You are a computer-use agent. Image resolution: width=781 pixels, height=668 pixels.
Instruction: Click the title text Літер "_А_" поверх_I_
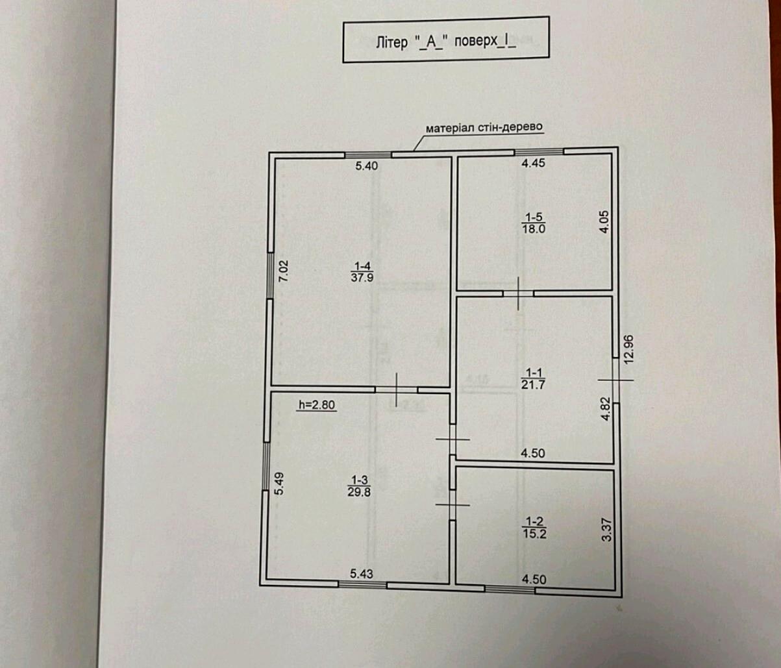pyautogui.click(x=446, y=42)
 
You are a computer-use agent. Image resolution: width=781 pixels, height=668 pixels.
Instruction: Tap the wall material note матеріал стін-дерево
pyautogui.click(x=484, y=127)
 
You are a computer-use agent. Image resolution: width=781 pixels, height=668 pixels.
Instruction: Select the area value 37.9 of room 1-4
pyautogui.click(x=362, y=278)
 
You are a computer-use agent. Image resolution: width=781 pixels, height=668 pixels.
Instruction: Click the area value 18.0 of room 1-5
pyautogui.click(x=534, y=229)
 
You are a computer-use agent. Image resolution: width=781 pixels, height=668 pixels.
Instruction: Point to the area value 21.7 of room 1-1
pyautogui.click(x=533, y=384)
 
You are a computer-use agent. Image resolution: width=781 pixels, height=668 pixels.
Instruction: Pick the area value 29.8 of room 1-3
pyautogui.click(x=359, y=492)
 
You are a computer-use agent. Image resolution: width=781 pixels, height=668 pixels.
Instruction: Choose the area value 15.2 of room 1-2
pyautogui.click(x=535, y=534)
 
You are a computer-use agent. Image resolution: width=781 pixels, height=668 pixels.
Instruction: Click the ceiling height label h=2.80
pyautogui.click(x=317, y=404)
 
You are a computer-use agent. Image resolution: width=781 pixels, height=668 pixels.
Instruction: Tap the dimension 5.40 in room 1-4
pyautogui.click(x=367, y=166)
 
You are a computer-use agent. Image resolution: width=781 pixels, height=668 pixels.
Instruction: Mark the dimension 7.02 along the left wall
pyautogui.click(x=284, y=271)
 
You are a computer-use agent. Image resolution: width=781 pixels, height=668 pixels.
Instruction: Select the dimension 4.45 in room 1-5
pyautogui.click(x=533, y=163)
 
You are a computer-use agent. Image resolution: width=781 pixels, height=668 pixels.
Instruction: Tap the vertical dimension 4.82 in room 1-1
pyautogui.click(x=606, y=409)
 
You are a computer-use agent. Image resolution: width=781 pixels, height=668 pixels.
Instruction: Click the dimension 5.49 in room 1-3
pyautogui.click(x=279, y=484)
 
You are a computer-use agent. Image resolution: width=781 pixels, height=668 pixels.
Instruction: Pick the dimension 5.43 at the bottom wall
pyautogui.click(x=361, y=574)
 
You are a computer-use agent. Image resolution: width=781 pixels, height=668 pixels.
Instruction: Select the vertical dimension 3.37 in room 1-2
pyautogui.click(x=606, y=530)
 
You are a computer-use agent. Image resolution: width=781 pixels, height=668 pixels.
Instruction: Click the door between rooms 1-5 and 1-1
pyautogui.click(x=518, y=293)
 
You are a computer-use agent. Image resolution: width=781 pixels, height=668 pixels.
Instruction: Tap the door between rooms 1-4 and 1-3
pyautogui.click(x=396, y=390)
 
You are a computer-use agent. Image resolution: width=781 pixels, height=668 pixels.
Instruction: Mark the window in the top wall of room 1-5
pyautogui.click(x=539, y=151)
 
